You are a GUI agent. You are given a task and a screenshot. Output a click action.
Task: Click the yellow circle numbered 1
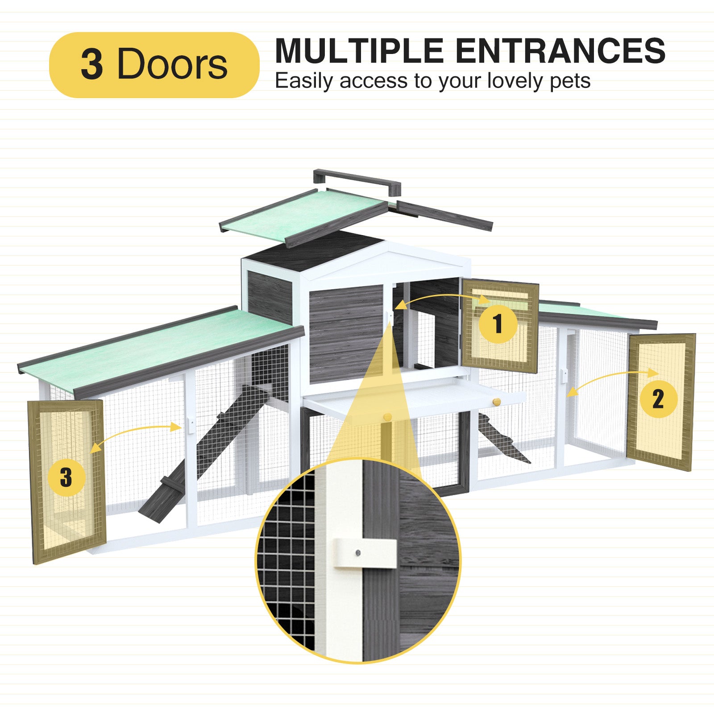pos(498,324)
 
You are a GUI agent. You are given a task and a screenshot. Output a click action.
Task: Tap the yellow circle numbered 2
pos(658,399)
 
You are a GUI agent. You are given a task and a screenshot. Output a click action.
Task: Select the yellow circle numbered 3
pos(66,477)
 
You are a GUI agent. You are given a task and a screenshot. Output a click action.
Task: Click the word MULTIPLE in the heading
pos(359,51)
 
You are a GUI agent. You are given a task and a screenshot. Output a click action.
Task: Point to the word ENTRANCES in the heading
pos(560,51)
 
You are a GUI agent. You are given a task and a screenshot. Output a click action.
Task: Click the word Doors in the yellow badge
pos(172,64)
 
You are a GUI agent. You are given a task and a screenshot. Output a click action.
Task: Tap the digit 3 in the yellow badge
pos(92,64)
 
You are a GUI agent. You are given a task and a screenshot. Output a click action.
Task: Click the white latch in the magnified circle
pos(365,553)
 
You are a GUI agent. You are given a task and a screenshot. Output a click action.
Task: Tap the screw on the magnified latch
pos(358,553)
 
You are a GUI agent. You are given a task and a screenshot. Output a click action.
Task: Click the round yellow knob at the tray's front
pos(387,417)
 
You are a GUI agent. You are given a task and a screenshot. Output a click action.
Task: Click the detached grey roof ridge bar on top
pos(357,180)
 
